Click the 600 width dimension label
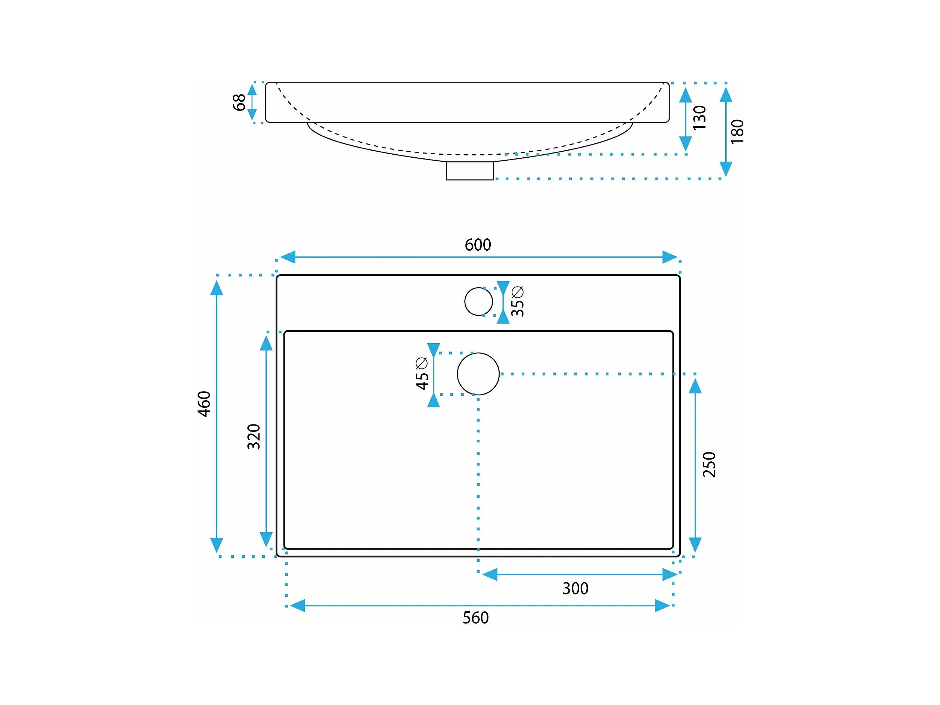(478, 245)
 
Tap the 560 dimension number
(475, 618)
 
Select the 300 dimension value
(575, 588)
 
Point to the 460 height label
(204, 403)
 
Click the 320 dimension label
(254, 436)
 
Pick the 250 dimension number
(709, 464)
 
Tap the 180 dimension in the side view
(737, 132)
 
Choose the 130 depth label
(699, 117)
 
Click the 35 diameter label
(517, 302)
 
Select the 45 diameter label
(422, 374)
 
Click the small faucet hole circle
(478, 302)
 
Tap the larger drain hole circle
(478, 374)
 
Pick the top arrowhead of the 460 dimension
(217, 288)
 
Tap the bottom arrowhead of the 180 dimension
(726, 169)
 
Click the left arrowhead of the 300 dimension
(490, 575)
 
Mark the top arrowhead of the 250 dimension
(695, 386)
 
